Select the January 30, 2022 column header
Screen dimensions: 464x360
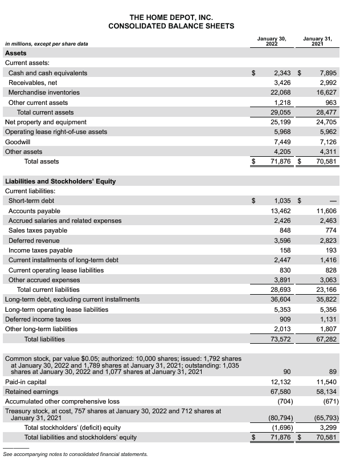pyautogui.click(x=276, y=40)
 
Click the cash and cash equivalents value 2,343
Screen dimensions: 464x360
pyautogui.click(x=283, y=73)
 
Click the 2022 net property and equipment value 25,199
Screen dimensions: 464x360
pyautogui.click(x=281, y=122)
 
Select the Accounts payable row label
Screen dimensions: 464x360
pyautogui.click(x=34, y=211)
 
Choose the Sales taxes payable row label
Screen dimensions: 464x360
pyautogui.click(x=38, y=230)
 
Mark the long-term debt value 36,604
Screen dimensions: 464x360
pyautogui.click(x=281, y=299)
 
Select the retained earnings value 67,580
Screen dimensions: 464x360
pyautogui.click(x=281, y=392)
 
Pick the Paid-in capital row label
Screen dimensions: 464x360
pyautogui.click(x=26, y=382)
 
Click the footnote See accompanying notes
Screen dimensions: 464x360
pyautogui.click(x=75, y=454)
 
